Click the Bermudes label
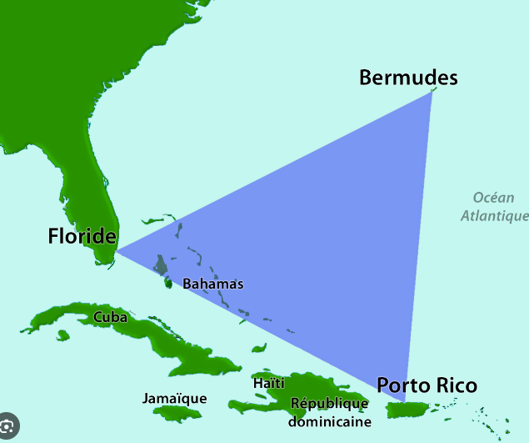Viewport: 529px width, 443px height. [x=408, y=78]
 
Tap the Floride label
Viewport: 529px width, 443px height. [x=81, y=236]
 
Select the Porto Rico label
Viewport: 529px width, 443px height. [x=427, y=385]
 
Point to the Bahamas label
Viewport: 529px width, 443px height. [x=213, y=284]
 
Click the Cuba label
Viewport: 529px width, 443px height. [x=110, y=317]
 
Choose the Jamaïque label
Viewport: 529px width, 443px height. [x=174, y=398]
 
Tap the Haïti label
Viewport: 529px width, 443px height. [x=268, y=383]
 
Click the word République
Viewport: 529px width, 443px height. [x=329, y=404]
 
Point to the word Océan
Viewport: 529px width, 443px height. [x=493, y=198]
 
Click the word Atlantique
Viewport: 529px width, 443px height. [x=495, y=215]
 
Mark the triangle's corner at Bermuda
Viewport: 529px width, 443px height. [x=432, y=92]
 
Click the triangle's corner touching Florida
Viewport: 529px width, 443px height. [x=116, y=249]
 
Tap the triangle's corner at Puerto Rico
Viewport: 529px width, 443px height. [x=406, y=401]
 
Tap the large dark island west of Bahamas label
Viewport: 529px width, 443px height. [x=160, y=267]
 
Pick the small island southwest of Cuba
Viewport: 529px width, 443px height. [x=62, y=335]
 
